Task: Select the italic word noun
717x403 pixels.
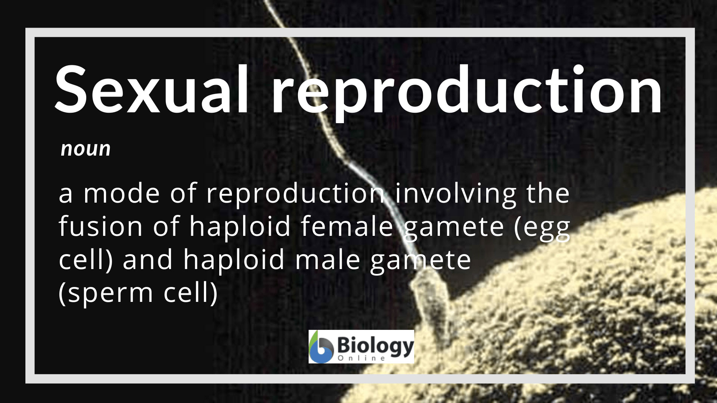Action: (x=86, y=149)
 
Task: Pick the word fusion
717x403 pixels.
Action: (x=100, y=226)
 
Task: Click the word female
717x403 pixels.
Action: (x=347, y=226)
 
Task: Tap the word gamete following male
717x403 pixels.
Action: (x=420, y=261)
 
